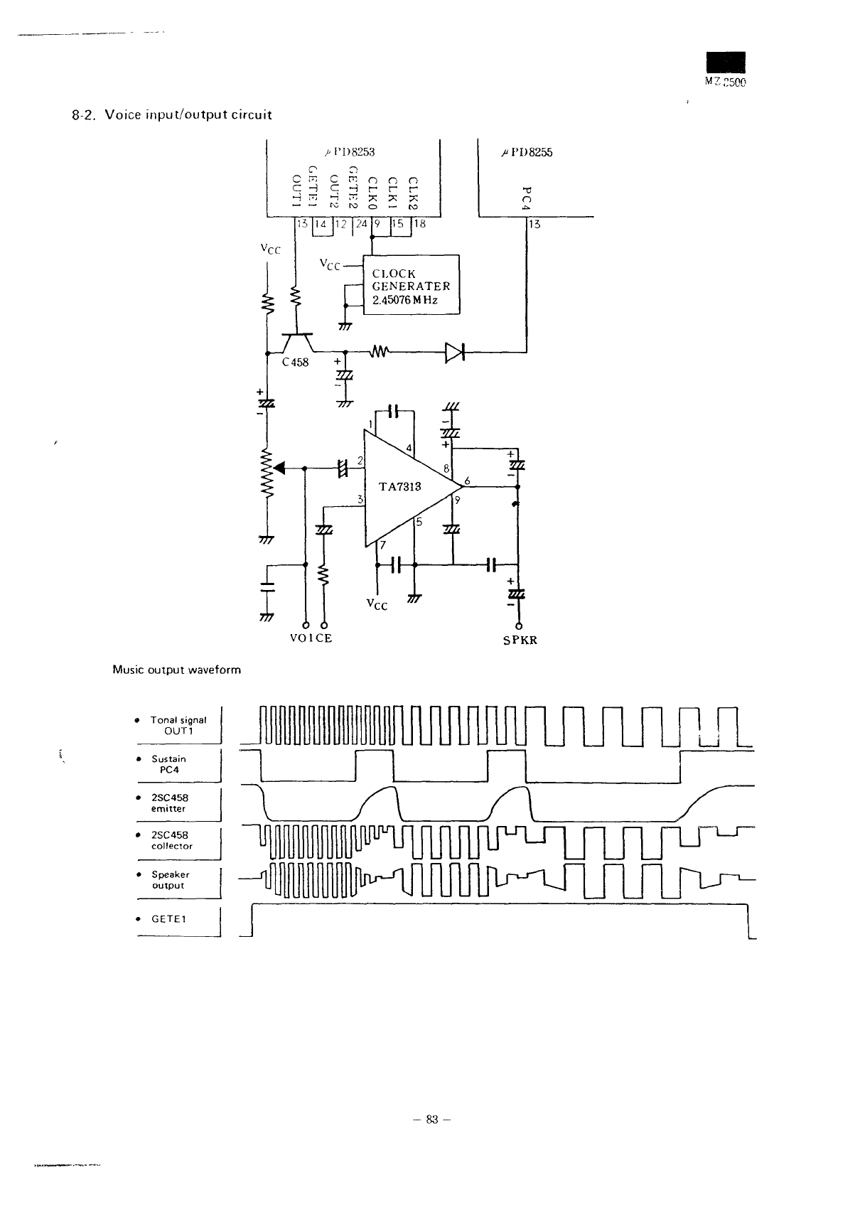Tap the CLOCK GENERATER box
(412, 286)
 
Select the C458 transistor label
(295, 363)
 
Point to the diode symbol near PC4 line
(453, 352)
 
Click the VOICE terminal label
(311, 638)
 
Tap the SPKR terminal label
(520, 640)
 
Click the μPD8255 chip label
(527, 152)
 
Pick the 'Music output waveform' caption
(177, 670)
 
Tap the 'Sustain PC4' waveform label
(168, 763)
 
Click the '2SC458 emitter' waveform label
(168, 803)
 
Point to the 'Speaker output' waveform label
(169, 879)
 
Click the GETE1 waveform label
(168, 918)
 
